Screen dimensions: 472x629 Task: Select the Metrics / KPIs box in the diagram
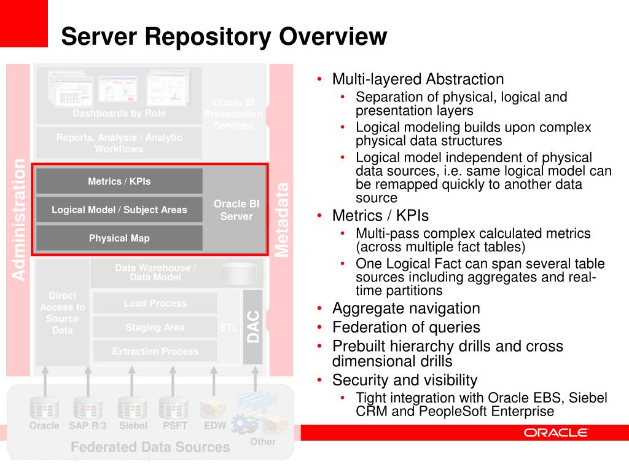(x=119, y=181)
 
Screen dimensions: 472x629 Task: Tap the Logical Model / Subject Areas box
(x=119, y=210)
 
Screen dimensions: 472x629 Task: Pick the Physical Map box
(x=119, y=238)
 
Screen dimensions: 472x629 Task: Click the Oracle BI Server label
(x=236, y=210)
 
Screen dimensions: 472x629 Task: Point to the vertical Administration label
(x=19, y=219)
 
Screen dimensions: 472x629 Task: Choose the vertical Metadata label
(x=281, y=219)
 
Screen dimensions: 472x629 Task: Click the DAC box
(x=253, y=327)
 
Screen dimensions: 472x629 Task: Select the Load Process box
(x=155, y=303)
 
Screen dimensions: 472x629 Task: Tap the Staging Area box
(x=155, y=328)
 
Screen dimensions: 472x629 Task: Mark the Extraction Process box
(x=155, y=352)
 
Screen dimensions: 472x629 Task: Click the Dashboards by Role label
(x=119, y=113)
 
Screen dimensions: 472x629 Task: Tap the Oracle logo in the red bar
(x=556, y=433)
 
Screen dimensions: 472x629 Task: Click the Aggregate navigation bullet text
(x=406, y=309)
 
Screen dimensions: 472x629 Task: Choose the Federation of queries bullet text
(x=406, y=328)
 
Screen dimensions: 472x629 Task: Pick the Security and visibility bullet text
(x=405, y=380)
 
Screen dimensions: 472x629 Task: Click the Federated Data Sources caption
(x=150, y=447)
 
